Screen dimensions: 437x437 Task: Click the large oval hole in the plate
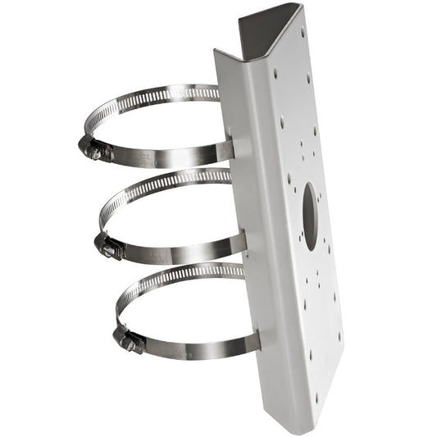point(310,216)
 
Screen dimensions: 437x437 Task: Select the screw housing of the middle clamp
point(109,245)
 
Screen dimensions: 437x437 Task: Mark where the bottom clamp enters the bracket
point(253,339)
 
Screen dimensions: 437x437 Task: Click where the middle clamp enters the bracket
point(240,243)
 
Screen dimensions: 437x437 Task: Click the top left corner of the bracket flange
point(216,52)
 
